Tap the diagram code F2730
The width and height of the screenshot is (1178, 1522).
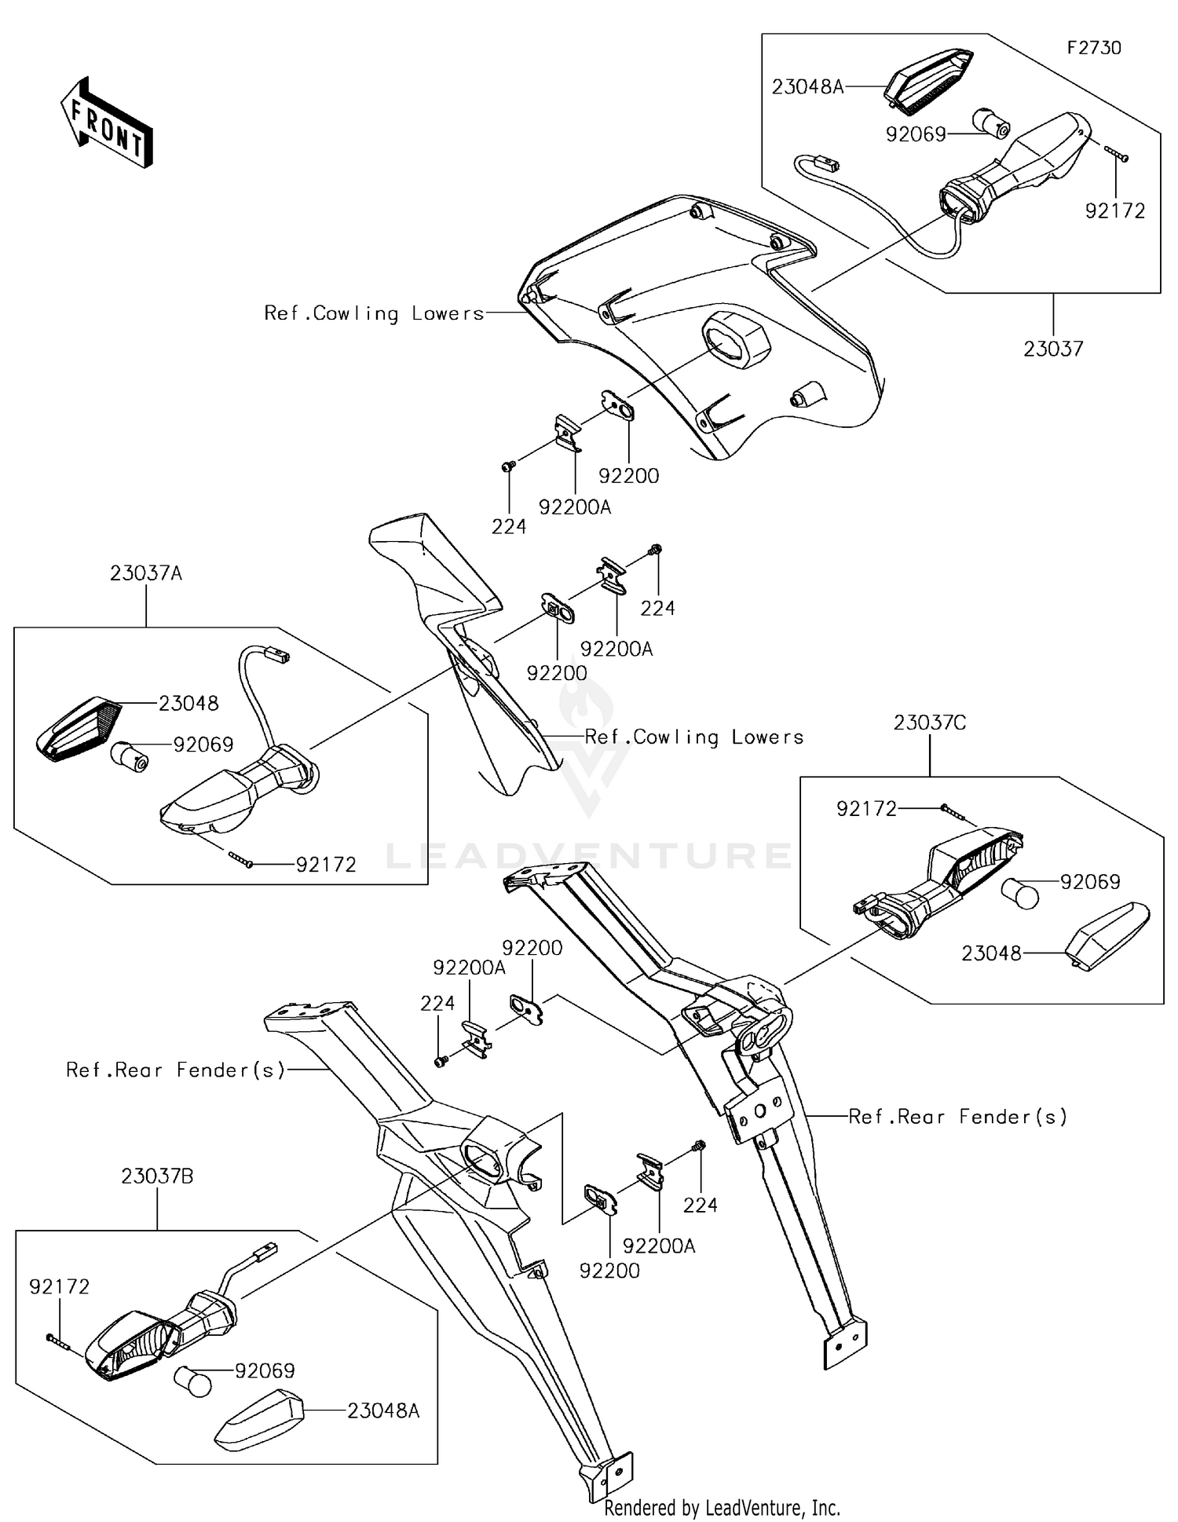[x=1093, y=48]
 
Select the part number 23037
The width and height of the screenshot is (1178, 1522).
[x=1052, y=349]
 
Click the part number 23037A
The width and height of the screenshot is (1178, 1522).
[x=146, y=573]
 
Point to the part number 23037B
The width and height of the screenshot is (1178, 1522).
[x=157, y=1176]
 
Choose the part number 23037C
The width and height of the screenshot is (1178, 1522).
[x=929, y=723]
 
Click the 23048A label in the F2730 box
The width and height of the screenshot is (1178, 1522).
[x=807, y=86]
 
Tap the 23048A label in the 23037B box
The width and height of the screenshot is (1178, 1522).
[x=383, y=1410]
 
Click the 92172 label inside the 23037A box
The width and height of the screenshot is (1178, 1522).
[x=326, y=865]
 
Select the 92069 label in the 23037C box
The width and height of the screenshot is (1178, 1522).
[x=1090, y=882]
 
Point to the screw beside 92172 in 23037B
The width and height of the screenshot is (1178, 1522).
[x=57, y=1341]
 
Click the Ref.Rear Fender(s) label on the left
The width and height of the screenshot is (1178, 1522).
[x=175, y=1070]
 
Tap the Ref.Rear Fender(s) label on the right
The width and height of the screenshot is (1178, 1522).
[x=957, y=1116]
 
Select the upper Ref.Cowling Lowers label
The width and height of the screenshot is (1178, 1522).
[x=374, y=313]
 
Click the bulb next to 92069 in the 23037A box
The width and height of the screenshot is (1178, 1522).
[x=130, y=756]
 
